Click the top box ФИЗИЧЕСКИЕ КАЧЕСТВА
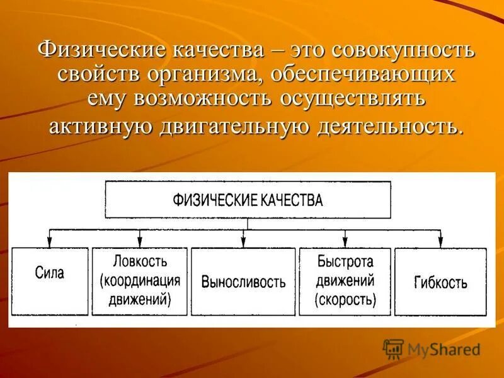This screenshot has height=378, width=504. coord(248,200)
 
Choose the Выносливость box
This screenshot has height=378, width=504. coord(243,281)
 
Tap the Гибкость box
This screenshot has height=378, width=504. coord(440,281)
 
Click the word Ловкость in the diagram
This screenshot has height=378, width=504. coord(140,260)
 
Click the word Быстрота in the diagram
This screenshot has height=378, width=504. coord(345,261)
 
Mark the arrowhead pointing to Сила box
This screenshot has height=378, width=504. coord(49,243)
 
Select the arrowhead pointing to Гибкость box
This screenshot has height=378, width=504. coord(440,243)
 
